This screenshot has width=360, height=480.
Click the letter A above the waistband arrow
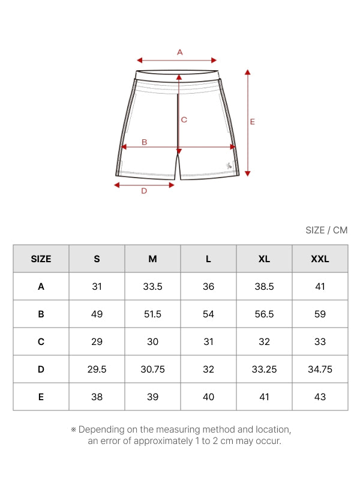pos(179,52)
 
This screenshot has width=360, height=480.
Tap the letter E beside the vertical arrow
pos(252,122)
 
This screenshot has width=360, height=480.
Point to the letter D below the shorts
pos(144,191)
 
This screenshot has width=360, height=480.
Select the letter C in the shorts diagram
pos(184,119)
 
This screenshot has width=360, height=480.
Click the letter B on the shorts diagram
pos(144,142)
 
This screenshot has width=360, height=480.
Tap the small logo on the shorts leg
pos(229,166)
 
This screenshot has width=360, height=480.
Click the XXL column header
pos(320,259)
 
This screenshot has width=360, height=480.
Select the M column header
pos(152,259)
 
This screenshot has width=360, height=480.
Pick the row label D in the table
pos(41,369)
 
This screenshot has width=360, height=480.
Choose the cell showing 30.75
pos(152,369)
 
